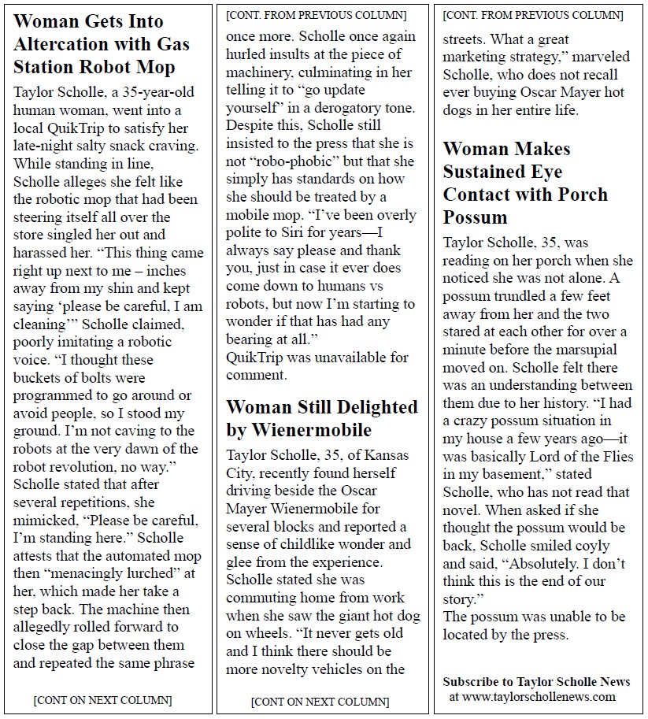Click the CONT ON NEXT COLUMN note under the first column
pyautogui.click(x=103, y=700)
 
